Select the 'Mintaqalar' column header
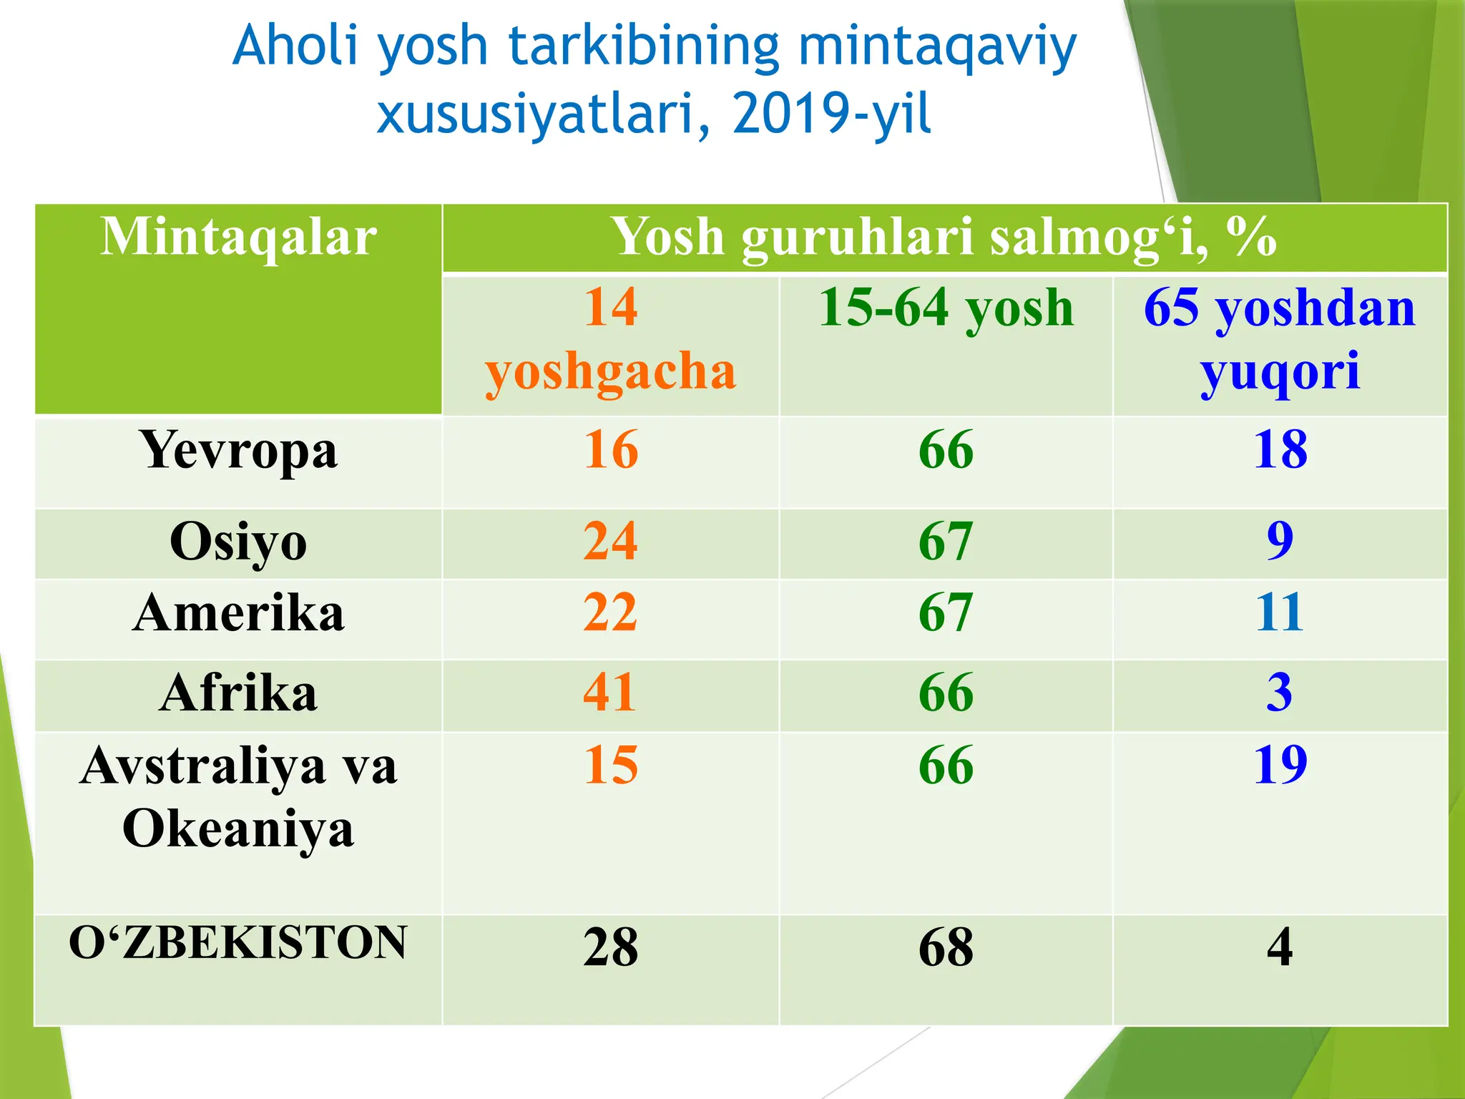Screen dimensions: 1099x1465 238,237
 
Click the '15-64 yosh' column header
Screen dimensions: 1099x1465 946,308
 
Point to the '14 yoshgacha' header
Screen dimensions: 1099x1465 610,339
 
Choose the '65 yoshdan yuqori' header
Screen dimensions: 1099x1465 1280,339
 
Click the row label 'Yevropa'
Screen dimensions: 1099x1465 239,451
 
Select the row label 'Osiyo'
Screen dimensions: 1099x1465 238,542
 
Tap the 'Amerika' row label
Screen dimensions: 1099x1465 238,613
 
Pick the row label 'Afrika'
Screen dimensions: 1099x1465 238,693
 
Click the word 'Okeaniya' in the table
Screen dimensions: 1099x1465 238,829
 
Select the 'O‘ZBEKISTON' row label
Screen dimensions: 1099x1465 238,942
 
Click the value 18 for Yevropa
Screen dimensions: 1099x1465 1280,450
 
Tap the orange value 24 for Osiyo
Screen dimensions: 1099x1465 610,541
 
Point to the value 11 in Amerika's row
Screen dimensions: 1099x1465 1280,612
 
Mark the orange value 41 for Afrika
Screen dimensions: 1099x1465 610,692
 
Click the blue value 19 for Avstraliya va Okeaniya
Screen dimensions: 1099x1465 1280,765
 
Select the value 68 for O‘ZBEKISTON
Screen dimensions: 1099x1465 946,947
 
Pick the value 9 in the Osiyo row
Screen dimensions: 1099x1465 1280,541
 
